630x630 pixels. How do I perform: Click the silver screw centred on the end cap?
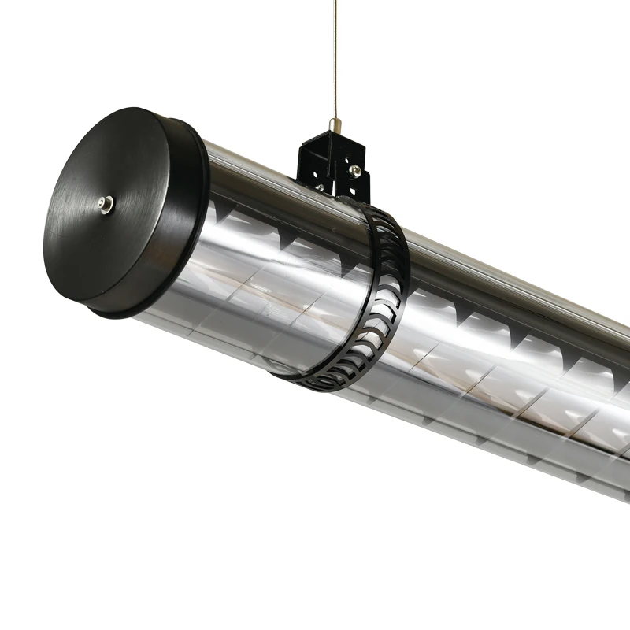(x=104, y=206)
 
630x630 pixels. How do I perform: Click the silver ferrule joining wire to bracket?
(x=335, y=124)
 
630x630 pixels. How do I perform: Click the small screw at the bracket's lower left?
(x=320, y=187)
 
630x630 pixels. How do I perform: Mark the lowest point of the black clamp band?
(x=327, y=388)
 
